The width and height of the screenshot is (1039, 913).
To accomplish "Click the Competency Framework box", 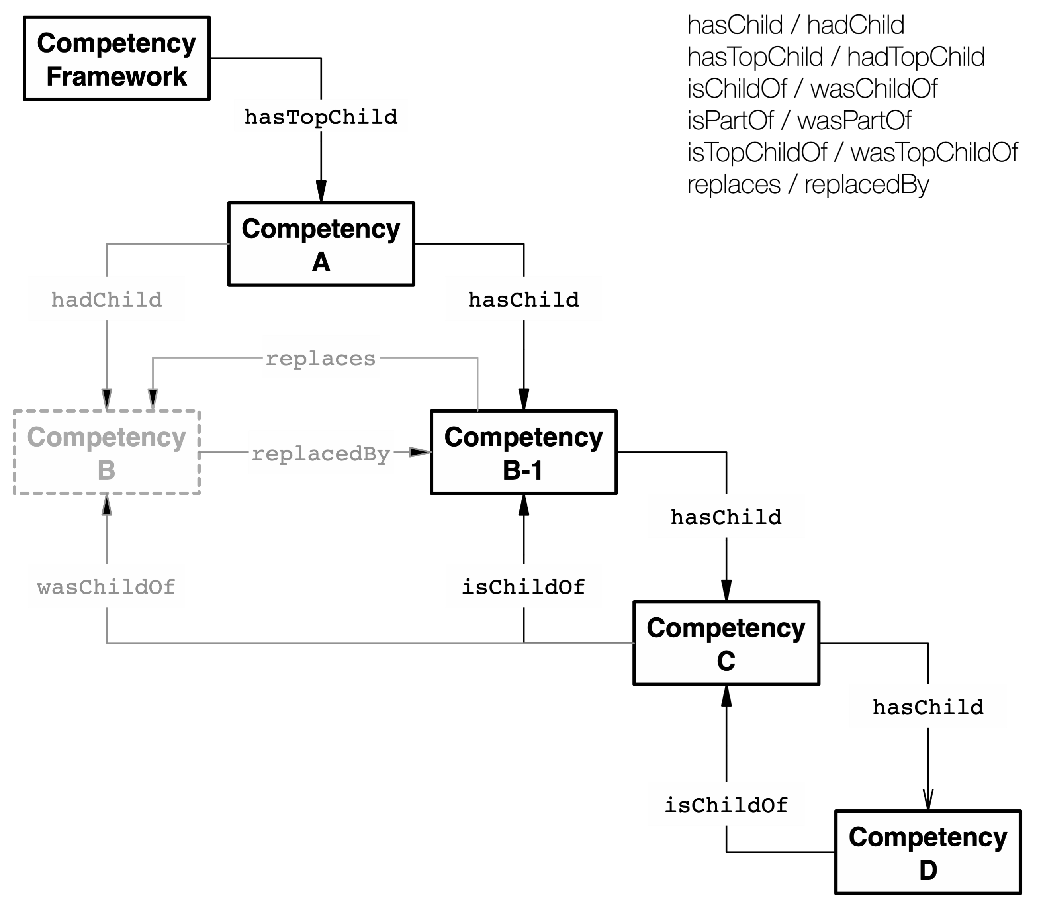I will pos(116,59).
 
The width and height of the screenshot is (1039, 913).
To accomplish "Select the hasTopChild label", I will pos(321,116).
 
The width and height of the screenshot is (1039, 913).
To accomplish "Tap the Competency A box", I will pos(321,244).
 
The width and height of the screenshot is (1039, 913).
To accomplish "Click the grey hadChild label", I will pos(107,299).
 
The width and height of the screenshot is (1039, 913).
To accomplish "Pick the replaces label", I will pos(321,357).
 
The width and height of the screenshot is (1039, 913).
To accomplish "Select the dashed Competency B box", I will pos(107,453).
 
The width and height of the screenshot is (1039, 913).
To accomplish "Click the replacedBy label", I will pos(321,453).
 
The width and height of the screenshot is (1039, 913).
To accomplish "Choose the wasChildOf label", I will pos(107,586).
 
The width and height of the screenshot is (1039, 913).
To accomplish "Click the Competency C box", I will pos(726,643).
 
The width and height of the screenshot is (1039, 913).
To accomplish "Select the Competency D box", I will pos(927,852).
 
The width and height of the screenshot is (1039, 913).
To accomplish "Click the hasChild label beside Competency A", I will pos(524,299).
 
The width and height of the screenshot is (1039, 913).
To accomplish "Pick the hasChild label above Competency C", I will pos(726,516).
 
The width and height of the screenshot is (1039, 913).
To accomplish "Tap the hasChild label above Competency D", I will pos(927,706).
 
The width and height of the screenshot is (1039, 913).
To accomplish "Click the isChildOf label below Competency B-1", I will pos(524,586).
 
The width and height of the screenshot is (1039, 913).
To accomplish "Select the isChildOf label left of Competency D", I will pos(726,804).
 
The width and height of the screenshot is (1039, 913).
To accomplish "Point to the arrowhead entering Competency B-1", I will pos(421,452).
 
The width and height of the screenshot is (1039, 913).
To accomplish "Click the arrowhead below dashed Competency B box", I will pos(107,505).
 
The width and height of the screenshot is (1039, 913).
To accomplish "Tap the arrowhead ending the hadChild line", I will pos(107,399).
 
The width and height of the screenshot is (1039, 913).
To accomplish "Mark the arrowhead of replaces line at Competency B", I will pos(153,399).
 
